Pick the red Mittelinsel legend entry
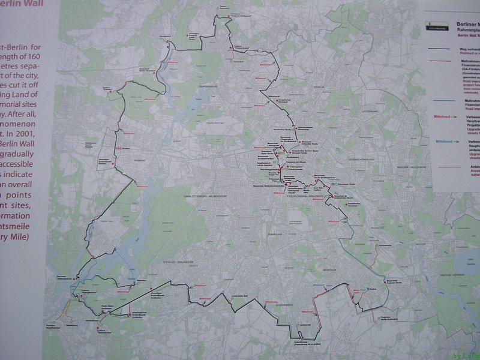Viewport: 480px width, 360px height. [x=442, y=115]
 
